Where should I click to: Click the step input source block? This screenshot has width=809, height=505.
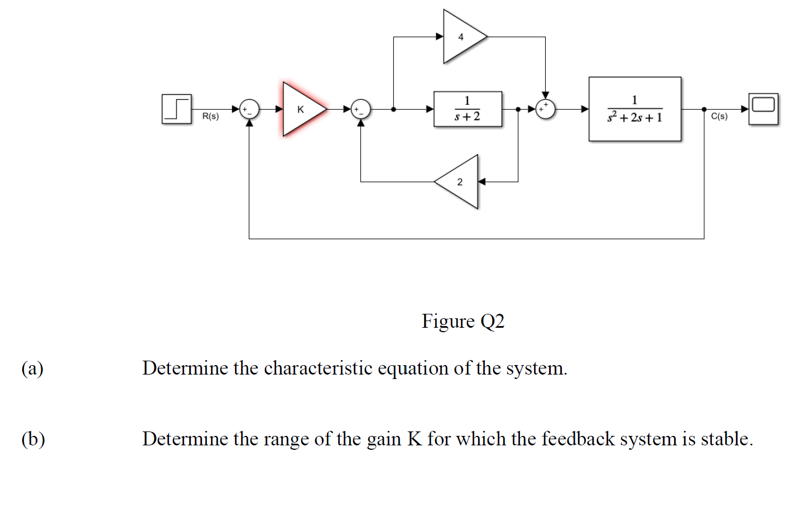[x=176, y=109]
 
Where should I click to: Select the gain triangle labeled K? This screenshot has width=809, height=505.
[x=301, y=109]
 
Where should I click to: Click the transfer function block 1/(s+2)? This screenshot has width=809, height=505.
[x=468, y=109]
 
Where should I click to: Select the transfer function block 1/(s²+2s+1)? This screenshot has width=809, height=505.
[x=634, y=109]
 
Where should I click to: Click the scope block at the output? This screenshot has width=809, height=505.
[x=763, y=109]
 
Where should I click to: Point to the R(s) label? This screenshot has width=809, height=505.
[x=210, y=116]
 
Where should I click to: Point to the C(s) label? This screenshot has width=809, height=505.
[x=719, y=116]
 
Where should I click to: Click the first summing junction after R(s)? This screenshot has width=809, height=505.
[x=249, y=109]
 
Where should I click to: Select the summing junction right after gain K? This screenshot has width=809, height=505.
[x=360, y=109]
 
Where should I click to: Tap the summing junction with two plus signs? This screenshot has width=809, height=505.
[x=545, y=109]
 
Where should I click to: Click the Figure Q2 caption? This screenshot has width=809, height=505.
[x=463, y=322]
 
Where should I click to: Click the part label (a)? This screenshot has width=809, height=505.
[x=32, y=368]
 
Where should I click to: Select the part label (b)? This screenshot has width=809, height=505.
[x=33, y=439]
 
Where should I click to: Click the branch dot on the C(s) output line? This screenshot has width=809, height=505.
[x=704, y=109]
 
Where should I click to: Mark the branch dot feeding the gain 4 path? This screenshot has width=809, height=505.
[x=393, y=109]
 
